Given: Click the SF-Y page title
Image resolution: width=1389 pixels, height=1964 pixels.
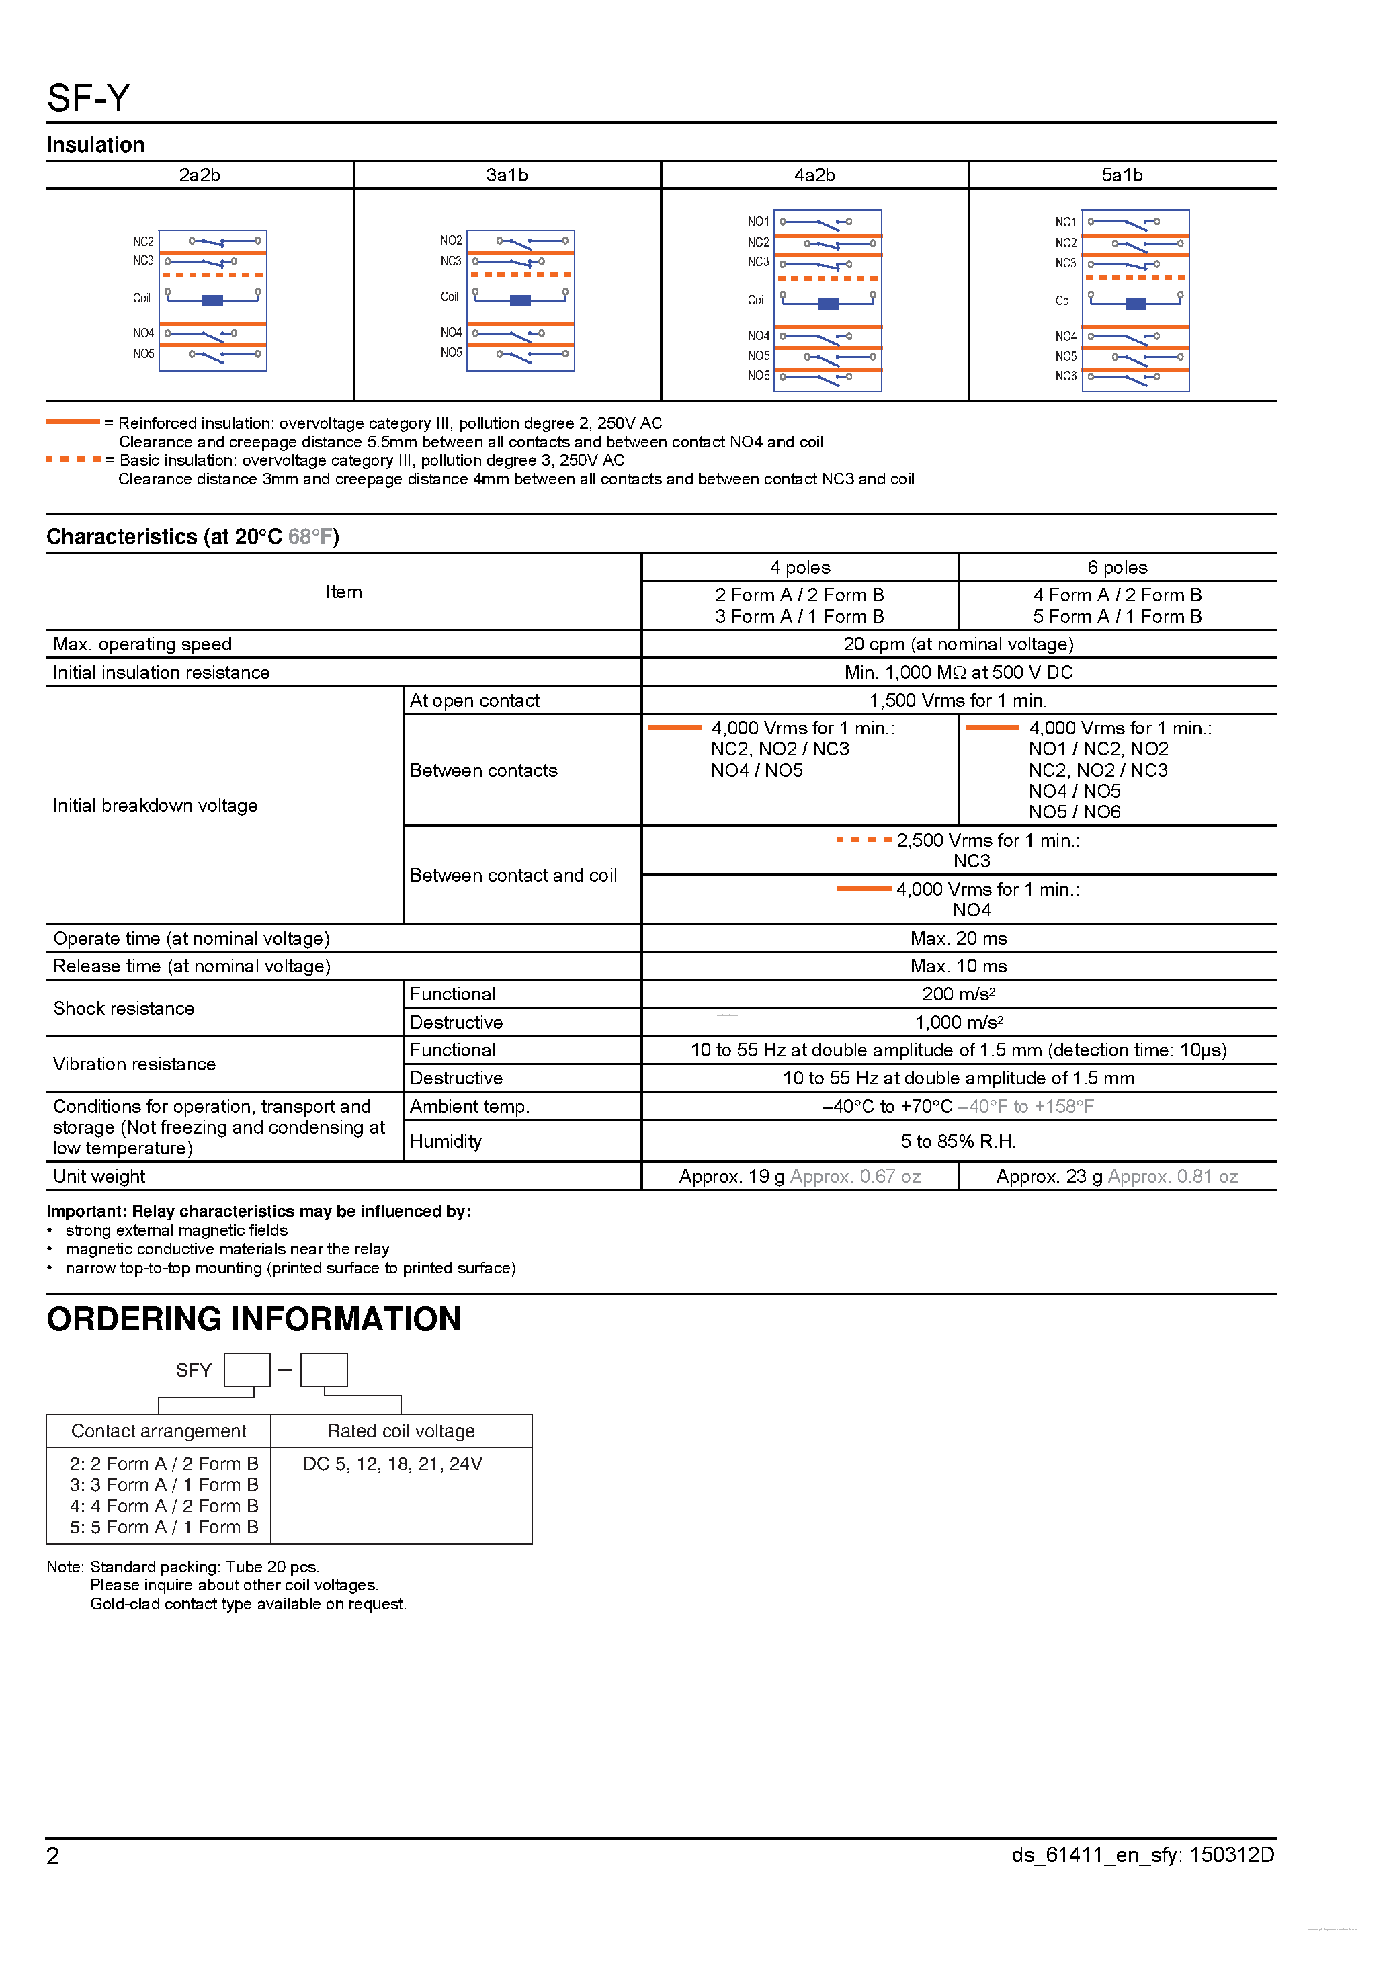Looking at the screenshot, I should pyautogui.click(x=88, y=98).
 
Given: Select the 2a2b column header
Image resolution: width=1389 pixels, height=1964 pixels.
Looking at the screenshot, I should pyautogui.click(x=200, y=175).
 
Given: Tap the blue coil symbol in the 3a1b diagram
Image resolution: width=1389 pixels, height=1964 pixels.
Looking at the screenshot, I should pyautogui.click(x=520, y=300).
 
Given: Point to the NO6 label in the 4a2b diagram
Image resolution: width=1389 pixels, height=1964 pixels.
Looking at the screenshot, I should pyautogui.click(x=758, y=376).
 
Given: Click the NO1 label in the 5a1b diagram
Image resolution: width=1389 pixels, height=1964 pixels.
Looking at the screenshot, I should pyautogui.click(x=1065, y=222).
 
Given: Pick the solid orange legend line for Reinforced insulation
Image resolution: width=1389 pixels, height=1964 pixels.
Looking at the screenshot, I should pyautogui.click(x=73, y=421).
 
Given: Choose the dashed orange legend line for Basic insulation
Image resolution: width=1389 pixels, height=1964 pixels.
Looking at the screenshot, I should pyautogui.click(x=73, y=460).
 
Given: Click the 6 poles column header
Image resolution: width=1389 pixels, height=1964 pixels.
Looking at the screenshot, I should pyautogui.click(x=1117, y=568).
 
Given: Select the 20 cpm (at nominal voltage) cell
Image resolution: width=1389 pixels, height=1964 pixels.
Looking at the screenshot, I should pyautogui.click(x=958, y=644).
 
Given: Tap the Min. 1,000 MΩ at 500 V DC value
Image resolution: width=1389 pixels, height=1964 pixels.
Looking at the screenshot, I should pyautogui.click(x=958, y=673).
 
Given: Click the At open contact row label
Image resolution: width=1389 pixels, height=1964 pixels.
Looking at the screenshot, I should pyautogui.click(x=474, y=701).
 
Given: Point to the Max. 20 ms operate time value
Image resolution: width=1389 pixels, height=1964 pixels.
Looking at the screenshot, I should pyautogui.click(x=958, y=939).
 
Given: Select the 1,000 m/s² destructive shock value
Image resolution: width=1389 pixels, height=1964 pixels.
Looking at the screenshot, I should pyautogui.click(x=958, y=1022).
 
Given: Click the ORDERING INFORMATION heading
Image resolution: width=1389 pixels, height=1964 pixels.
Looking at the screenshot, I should pyautogui.click(x=253, y=1319).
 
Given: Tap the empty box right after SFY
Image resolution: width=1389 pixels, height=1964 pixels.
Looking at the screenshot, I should pyautogui.click(x=247, y=1369).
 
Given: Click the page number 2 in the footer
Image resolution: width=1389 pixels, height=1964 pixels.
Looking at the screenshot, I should pyautogui.click(x=53, y=1855).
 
